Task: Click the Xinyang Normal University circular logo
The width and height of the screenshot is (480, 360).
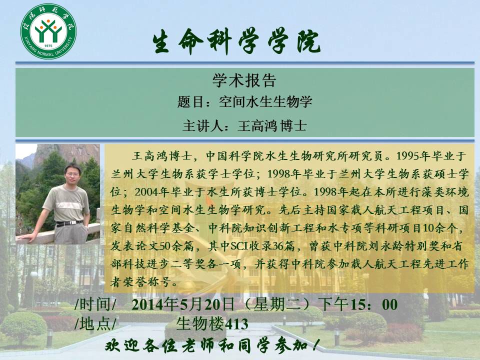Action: [x=48, y=31]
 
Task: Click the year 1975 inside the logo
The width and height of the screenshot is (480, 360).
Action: [x=48, y=46]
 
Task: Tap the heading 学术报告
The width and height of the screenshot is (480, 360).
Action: [x=244, y=80]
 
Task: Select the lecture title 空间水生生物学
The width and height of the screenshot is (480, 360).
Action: [x=265, y=101]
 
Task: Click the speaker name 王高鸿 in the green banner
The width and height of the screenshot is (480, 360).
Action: [x=257, y=126]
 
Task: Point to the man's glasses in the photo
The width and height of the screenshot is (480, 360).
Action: [x=73, y=174]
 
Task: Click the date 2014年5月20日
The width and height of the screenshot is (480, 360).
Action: [x=183, y=304]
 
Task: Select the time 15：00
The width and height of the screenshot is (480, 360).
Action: [x=373, y=304]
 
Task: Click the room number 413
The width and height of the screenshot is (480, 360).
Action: [x=236, y=324]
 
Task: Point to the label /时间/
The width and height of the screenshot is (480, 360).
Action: [x=95, y=304]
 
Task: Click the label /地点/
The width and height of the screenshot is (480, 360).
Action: [x=95, y=323]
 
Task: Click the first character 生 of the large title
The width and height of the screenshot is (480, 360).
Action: [x=161, y=42]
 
